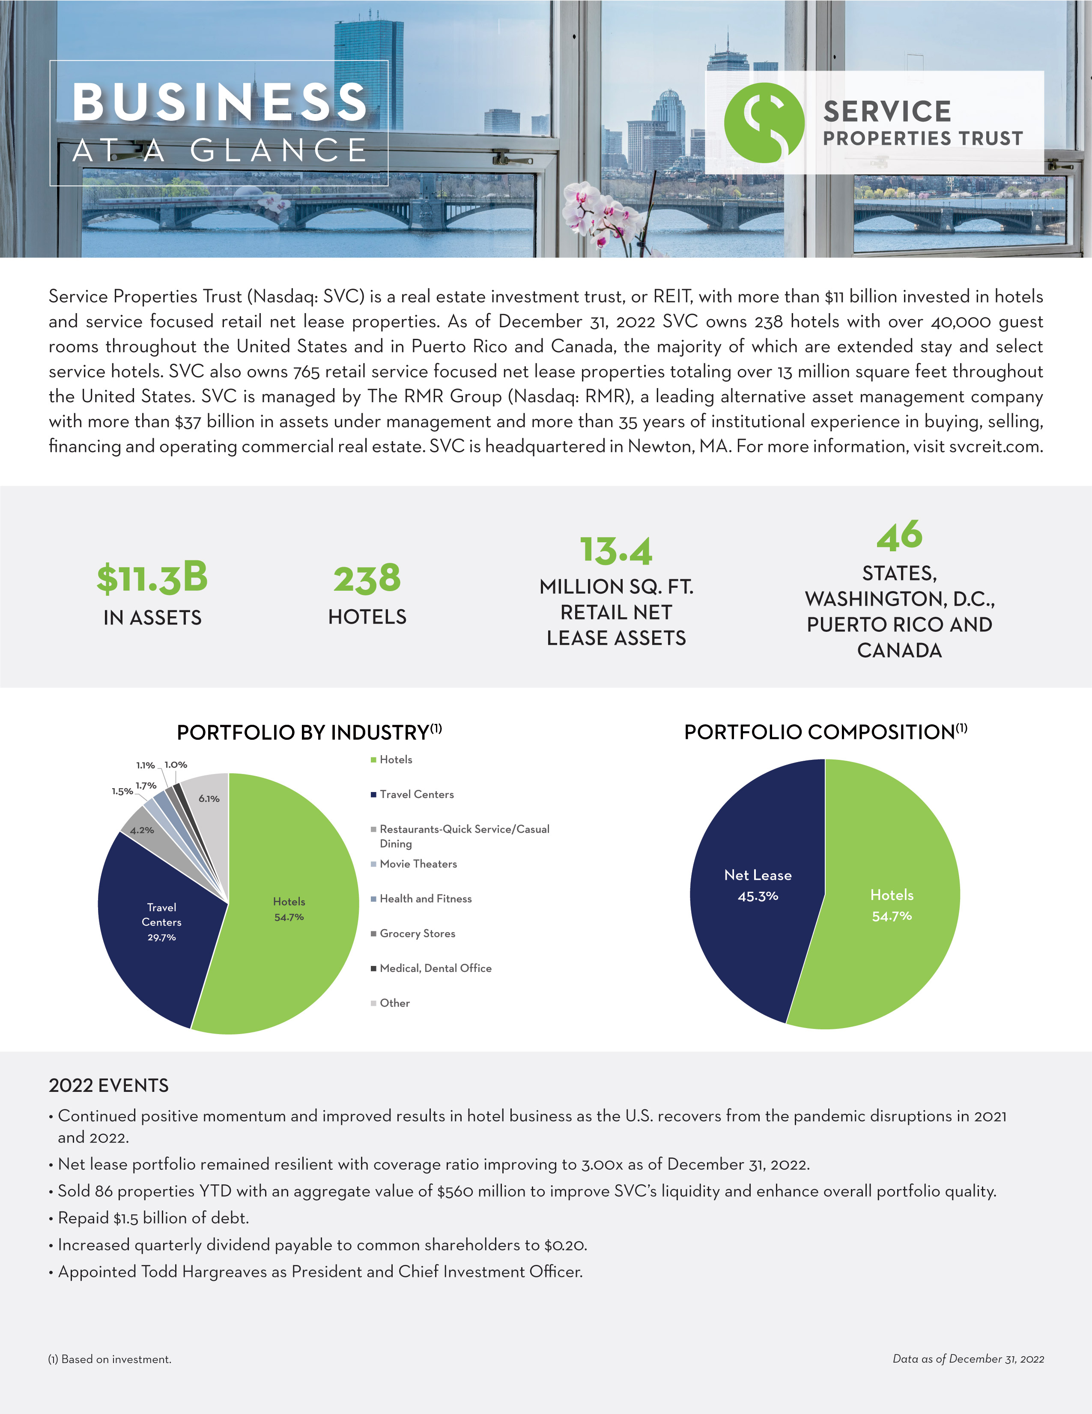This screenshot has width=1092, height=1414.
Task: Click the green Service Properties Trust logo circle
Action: coord(764,123)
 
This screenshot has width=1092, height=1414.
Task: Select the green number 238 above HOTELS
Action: coord(367,578)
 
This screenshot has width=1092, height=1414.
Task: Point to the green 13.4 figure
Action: coord(615,550)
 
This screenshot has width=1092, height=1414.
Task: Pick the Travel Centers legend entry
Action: coord(416,795)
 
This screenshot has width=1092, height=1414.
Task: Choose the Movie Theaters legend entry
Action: coord(418,864)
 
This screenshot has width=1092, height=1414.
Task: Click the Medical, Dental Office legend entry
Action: coord(435,968)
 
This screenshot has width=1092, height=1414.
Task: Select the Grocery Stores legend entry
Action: coord(417,933)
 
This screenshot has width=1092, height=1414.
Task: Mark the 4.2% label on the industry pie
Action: coord(142,830)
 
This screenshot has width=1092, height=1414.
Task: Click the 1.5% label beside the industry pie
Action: coord(122,791)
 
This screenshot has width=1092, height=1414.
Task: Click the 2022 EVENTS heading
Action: coord(109,1085)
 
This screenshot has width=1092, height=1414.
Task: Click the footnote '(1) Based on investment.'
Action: coord(110,1359)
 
